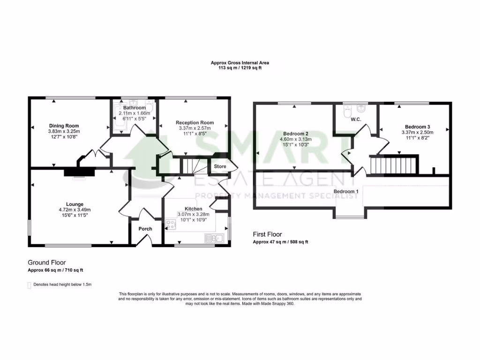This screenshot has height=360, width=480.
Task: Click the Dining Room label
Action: (x=64, y=126)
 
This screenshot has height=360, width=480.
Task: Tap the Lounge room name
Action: (x=75, y=204)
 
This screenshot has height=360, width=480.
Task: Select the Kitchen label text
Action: (x=193, y=209)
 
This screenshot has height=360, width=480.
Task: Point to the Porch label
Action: (x=145, y=229)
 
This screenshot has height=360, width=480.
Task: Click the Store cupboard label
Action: (x=220, y=166)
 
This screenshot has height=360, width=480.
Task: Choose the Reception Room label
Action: (x=195, y=122)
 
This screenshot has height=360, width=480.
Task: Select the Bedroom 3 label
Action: (x=417, y=127)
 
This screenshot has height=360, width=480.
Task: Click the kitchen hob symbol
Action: (x=170, y=225)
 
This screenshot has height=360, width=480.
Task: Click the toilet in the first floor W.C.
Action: (x=347, y=112)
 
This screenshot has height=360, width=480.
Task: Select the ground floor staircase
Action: (x=190, y=165)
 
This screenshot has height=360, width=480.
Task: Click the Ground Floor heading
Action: (x=47, y=262)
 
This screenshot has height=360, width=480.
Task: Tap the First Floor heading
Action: (x=267, y=234)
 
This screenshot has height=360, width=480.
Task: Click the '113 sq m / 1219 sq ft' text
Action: (x=240, y=68)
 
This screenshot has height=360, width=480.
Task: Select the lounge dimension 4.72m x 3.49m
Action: (x=75, y=210)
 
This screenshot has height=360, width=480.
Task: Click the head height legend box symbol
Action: (x=30, y=285)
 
